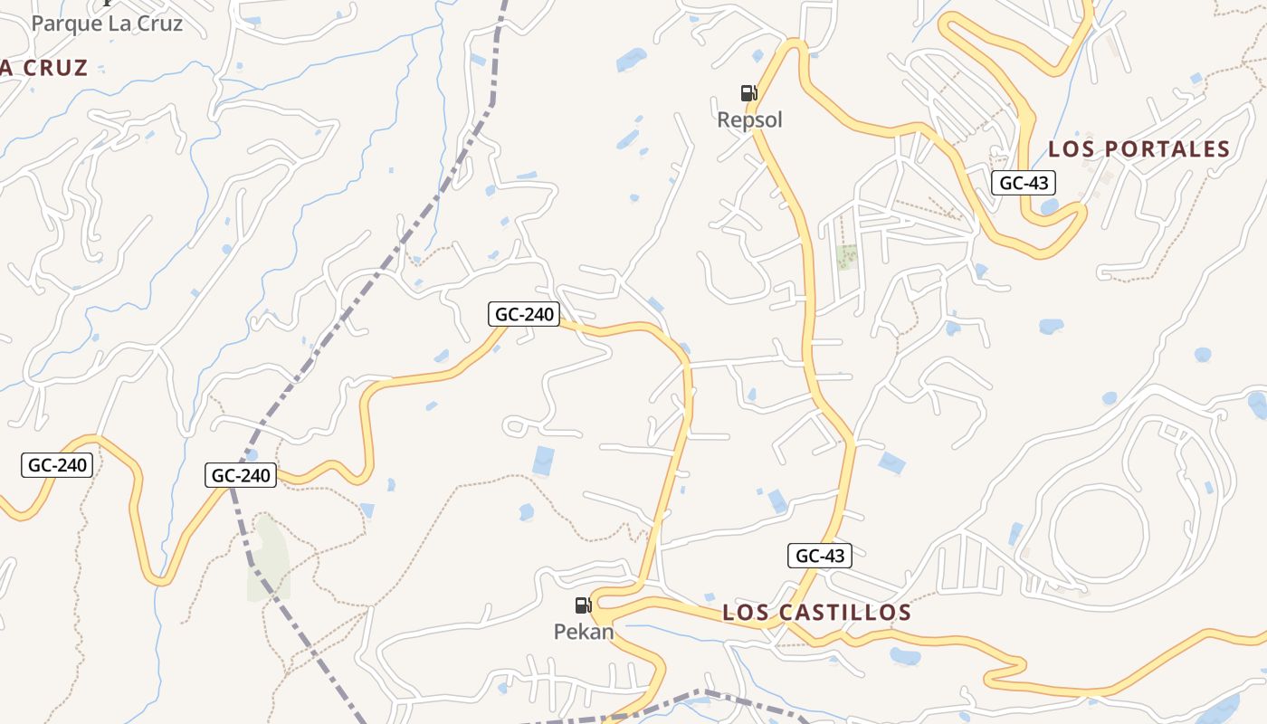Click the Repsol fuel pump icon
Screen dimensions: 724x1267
(748, 92)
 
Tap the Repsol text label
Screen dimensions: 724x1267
(749, 119)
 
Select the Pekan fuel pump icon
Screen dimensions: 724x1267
(583, 605)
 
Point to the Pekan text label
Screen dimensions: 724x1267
(584, 632)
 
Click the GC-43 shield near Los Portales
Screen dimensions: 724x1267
(1024, 183)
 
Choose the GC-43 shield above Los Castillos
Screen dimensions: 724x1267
(820, 556)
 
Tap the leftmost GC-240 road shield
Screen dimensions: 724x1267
(57, 465)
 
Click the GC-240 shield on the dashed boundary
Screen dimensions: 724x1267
(241, 474)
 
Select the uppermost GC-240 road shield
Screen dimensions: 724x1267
(524, 314)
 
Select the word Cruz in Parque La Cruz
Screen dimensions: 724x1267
(158, 24)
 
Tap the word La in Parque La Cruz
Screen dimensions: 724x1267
(119, 24)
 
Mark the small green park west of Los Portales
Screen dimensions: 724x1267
(847, 257)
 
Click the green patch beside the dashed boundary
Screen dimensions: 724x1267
(269, 557)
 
